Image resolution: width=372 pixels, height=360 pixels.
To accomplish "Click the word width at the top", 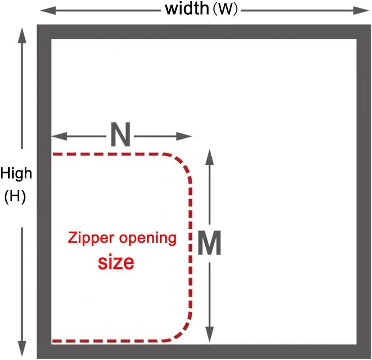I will tap(187, 9).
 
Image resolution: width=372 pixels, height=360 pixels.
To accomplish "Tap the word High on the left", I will tap(16, 173).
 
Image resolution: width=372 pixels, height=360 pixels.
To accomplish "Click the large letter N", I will tap(121, 136).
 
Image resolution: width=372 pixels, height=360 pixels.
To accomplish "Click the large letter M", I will tap(209, 243).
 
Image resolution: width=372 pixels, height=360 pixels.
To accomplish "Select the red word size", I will tap(116, 262).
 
